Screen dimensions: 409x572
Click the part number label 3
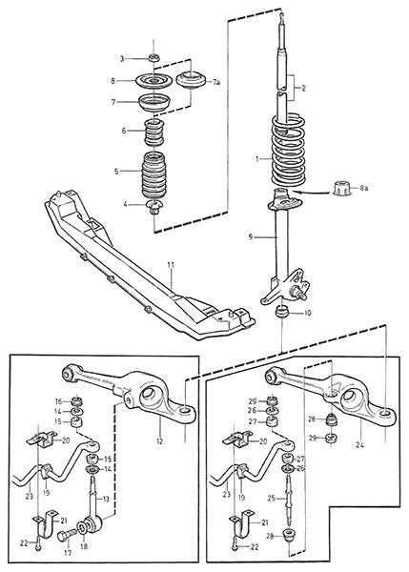pyautogui.click(x=123, y=58)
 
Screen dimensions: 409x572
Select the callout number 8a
pyautogui.click(x=364, y=188)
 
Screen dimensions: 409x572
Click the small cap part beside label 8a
pyautogui.click(x=342, y=188)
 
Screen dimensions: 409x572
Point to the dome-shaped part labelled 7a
pyautogui.click(x=192, y=79)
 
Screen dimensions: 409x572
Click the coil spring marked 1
pyautogui.click(x=288, y=151)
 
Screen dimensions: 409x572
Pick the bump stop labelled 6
pyautogui.click(x=154, y=132)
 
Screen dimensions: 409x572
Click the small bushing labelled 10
pyautogui.click(x=282, y=313)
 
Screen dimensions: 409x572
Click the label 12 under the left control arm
pyautogui.click(x=159, y=441)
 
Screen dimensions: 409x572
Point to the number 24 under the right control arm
pyautogui.click(x=360, y=445)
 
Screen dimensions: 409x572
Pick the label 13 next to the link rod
pyautogui.click(x=105, y=499)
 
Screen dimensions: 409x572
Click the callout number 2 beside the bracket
pyautogui.click(x=304, y=88)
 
